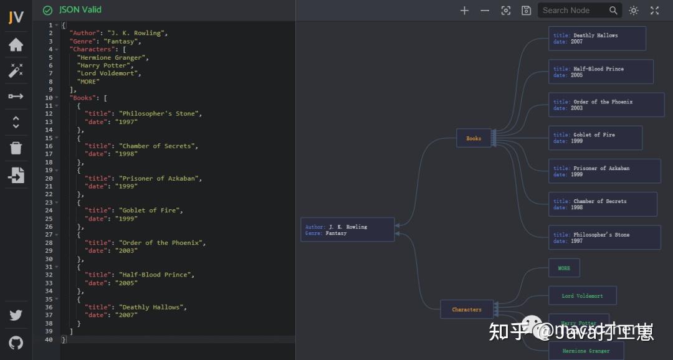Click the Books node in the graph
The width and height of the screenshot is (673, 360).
474,138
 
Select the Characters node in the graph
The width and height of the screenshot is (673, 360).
467,310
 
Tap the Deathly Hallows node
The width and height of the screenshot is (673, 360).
596,39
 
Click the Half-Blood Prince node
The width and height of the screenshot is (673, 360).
600,72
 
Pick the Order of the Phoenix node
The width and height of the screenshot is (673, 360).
606,105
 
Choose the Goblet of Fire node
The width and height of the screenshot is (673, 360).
594,138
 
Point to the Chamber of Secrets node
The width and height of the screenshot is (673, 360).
602,204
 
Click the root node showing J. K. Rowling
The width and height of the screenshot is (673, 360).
347,230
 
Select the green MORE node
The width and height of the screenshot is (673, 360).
564,268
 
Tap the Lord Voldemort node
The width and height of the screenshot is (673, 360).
582,296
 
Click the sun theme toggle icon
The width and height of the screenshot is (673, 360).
634,11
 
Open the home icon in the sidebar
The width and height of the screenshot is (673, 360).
16,45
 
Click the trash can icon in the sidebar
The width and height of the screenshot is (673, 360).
16,148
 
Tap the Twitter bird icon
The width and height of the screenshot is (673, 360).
16,315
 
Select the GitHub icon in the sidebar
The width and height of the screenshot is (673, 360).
16,342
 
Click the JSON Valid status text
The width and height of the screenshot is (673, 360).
80,10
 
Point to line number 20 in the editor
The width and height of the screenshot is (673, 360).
49,178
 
